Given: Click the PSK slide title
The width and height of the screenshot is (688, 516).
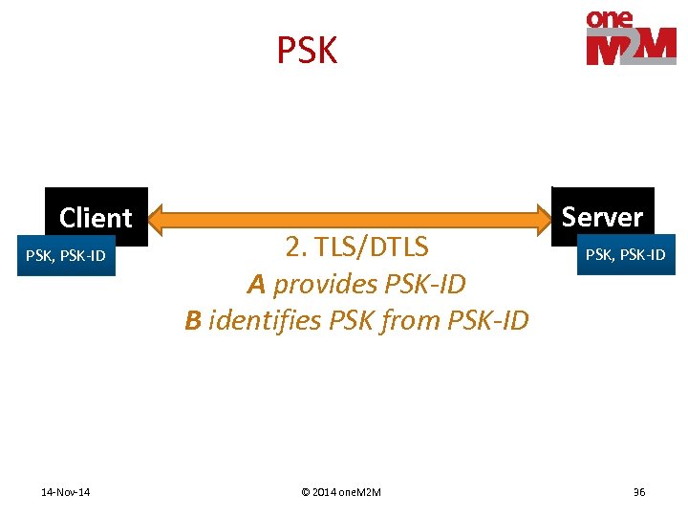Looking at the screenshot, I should tap(307, 51).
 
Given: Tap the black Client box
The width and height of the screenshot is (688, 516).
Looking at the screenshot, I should tap(96, 217).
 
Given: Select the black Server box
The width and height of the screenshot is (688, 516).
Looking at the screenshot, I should tap(602, 215).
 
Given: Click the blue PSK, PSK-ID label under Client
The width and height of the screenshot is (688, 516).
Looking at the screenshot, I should tap(65, 255).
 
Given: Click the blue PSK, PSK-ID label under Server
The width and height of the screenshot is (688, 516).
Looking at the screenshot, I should tap(626, 254).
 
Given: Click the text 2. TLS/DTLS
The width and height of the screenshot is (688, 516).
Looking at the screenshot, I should tap(356, 247).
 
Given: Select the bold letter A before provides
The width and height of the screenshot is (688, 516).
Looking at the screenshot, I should tap(255, 284).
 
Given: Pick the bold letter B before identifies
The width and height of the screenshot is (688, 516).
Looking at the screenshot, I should tap(193, 320).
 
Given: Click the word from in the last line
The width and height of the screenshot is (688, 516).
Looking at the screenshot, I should tap(416, 320).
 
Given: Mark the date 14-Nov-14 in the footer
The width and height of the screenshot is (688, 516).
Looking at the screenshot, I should tap(66, 492).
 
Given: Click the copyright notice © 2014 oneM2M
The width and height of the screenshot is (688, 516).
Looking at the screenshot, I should tap(340, 492).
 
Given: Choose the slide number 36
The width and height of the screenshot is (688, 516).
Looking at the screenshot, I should tap(638, 492).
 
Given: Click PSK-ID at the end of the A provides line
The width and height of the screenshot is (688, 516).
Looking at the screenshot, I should tap(426, 284).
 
